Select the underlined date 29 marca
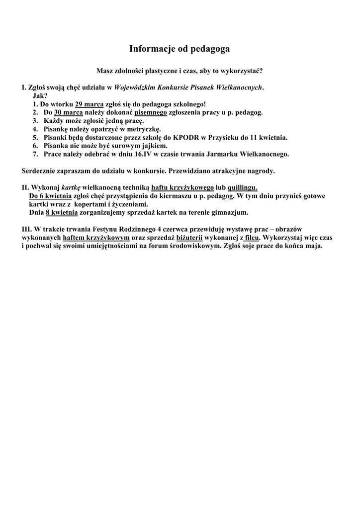tap(89, 104)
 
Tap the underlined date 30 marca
tap(68, 112)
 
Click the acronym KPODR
tap(182, 137)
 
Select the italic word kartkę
tap(71, 187)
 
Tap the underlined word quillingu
tap(243, 187)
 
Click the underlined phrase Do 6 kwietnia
tap(50, 196)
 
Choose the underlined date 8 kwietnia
tap(62, 213)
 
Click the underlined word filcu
tap(253, 238)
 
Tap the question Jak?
tap(40, 95)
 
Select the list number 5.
tap(35, 137)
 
